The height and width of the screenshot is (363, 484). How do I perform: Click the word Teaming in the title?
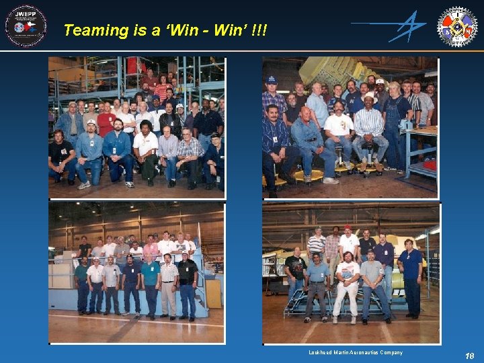coord(95,30)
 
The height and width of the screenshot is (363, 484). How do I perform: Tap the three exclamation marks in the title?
coord(259,30)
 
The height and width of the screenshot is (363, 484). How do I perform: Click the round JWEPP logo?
coord(26,26)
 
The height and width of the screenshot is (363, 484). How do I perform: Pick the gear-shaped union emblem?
coord(458,26)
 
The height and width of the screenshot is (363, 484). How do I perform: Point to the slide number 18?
coord(469,356)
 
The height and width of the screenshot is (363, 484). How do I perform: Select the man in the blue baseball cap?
coord(272,94)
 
